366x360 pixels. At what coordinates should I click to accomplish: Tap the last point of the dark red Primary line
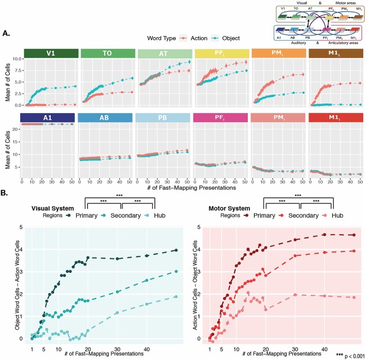point(353,235)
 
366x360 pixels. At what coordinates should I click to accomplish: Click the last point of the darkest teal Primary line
point(176,250)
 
